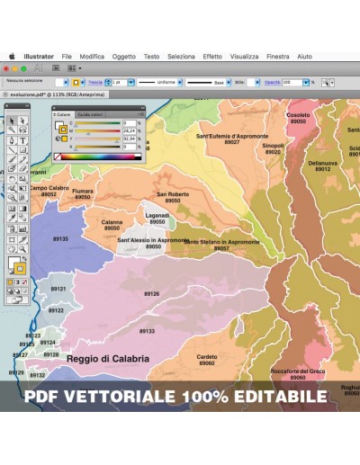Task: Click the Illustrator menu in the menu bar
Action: tap(39, 56)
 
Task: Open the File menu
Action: tap(67, 56)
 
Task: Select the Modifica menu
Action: tap(92, 56)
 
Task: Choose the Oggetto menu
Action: tap(124, 56)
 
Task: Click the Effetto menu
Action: tap(212, 56)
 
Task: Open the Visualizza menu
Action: tap(244, 56)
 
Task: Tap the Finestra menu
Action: tap(278, 56)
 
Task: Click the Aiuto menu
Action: tap(305, 56)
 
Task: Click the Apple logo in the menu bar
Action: tap(13, 56)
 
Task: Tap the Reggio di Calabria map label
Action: tap(107, 358)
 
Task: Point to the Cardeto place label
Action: tap(207, 356)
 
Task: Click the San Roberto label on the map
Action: tap(173, 194)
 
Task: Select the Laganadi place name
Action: tap(157, 216)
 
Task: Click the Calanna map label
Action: tap(112, 222)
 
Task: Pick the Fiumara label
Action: tap(83, 191)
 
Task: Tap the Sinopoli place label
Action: tap(273, 146)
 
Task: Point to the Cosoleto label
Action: tap(298, 115)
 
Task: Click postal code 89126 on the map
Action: tap(151, 294)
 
